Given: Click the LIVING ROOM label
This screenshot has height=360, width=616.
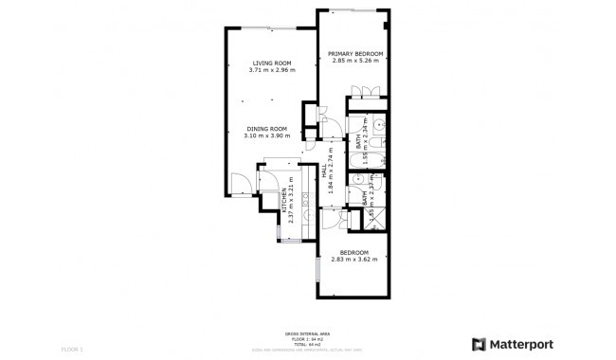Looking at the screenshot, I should (x=271, y=63).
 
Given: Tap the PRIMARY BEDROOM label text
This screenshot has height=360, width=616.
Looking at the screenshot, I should (x=355, y=54).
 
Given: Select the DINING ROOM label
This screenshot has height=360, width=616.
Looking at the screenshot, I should (x=266, y=129).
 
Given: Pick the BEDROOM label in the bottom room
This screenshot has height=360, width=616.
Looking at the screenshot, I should (x=354, y=252).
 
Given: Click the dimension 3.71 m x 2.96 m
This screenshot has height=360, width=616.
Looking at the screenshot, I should (x=271, y=70).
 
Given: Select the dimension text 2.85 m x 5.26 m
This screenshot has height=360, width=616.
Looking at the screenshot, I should (x=355, y=62).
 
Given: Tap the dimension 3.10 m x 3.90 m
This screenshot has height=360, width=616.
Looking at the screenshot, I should (x=266, y=136).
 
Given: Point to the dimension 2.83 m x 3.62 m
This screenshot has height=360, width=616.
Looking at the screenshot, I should (x=354, y=260).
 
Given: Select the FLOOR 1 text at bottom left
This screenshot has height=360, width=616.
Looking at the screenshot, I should (x=73, y=350).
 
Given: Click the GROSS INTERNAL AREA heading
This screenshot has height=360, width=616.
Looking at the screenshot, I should (x=307, y=333).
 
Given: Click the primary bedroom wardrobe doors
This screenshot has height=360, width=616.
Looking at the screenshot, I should (x=365, y=93).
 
